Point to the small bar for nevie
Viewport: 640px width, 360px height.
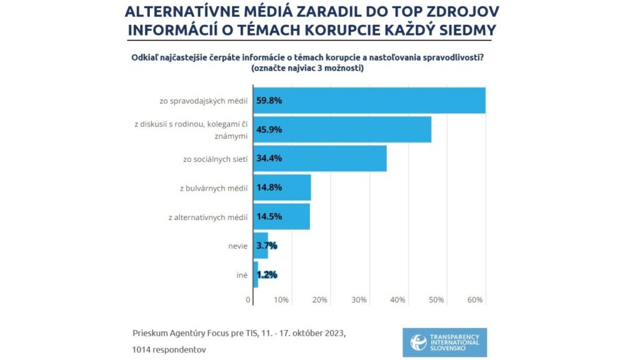[x=261, y=246]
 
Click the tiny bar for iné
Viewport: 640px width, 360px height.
[x=256, y=274]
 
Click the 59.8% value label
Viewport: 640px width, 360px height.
[x=269, y=100]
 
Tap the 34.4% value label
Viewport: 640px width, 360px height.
[x=269, y=158]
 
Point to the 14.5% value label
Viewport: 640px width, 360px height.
[x=269, y=216]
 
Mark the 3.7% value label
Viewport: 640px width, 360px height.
[x=267, y=246]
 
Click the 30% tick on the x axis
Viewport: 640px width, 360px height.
[x=359, y=300]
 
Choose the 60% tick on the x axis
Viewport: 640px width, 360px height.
[x=475, y=300]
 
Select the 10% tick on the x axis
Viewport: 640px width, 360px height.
[x=281, y=300]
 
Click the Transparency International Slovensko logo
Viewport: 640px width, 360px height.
[x=445, y=342]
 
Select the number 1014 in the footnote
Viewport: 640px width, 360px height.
[x=143, y=349]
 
